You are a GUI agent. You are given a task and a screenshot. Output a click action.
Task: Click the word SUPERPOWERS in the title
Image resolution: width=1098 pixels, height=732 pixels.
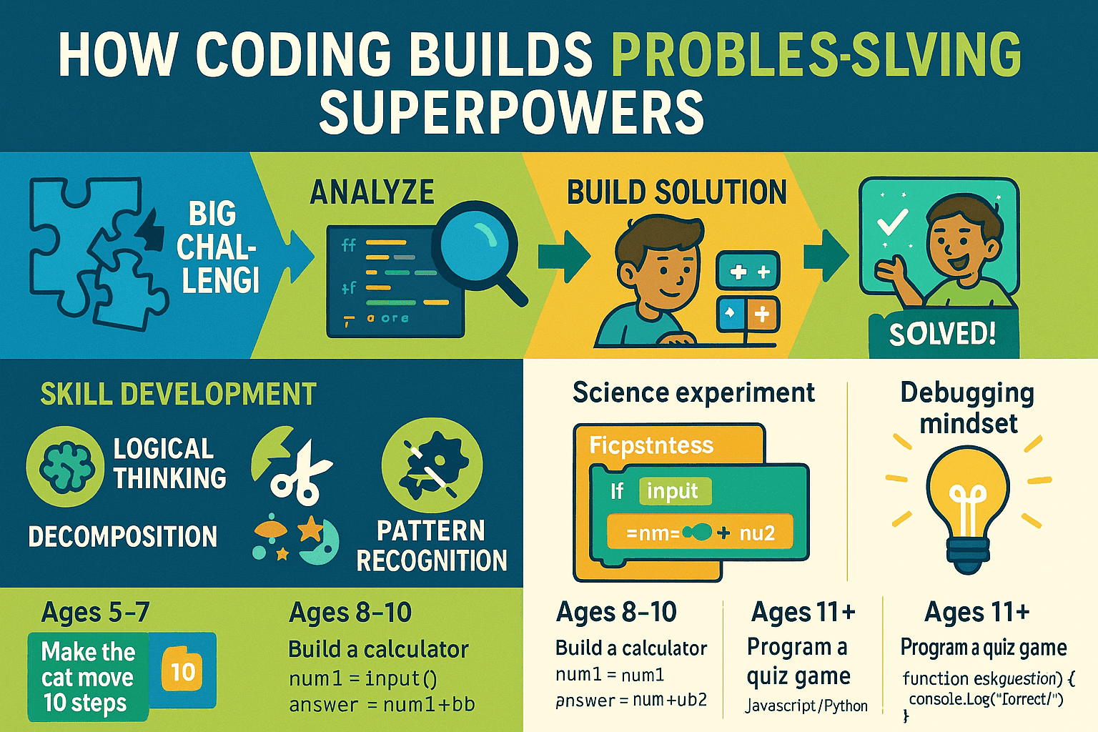[511, 112]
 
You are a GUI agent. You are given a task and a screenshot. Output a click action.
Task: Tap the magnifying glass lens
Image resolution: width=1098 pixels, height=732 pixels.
[474, 244]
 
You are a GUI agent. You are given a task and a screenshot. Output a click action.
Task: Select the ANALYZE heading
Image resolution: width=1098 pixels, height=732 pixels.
[372, 192]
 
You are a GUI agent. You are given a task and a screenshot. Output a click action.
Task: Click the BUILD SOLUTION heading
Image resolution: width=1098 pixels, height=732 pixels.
[676, 192]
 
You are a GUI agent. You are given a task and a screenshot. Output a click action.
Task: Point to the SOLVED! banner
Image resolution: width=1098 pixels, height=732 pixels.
[942, 334]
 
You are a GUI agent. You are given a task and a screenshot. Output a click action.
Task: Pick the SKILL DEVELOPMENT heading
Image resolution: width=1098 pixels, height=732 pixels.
[178, 395]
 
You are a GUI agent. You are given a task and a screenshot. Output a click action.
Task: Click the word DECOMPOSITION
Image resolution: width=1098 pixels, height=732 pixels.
[122, 536]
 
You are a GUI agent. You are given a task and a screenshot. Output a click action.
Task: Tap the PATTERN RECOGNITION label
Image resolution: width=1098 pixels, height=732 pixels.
[431, 545]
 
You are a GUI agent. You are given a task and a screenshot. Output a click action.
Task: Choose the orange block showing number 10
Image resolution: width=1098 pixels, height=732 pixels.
[182, 671]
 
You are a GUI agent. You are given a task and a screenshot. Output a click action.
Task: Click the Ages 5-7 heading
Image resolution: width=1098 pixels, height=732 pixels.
[95, 613]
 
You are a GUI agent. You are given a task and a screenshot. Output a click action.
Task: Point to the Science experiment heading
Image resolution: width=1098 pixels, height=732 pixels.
[693, 392]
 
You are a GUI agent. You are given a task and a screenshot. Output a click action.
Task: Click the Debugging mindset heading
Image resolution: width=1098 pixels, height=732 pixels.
[967, 407]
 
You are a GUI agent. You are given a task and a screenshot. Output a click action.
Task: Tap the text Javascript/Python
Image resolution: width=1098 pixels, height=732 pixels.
[806, 706]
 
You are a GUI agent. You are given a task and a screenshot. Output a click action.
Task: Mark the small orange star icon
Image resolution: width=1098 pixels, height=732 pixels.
[310, 530]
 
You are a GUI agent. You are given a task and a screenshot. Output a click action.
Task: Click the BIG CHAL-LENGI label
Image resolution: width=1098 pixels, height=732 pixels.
[216, 247]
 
